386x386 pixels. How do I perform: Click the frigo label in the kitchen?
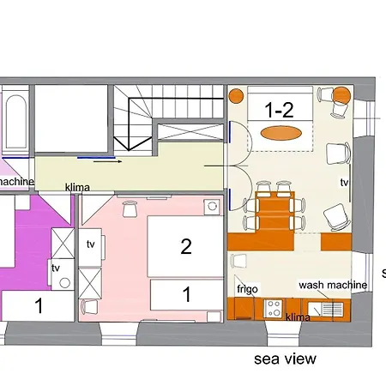pos(246,289)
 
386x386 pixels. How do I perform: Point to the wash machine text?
pos(333,285)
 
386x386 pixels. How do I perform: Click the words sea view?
pos(285,359)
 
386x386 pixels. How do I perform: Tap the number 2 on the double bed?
pos(185,247)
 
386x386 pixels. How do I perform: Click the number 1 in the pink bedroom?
pos(186,293)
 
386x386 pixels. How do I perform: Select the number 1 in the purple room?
pos(39,304)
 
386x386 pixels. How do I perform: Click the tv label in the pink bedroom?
pos(91,244)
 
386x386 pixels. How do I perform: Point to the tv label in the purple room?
pos(57,268)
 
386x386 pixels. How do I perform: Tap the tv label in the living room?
pos(344,183)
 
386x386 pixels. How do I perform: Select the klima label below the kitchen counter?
pos(298,317)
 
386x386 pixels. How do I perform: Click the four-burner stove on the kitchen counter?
pos(274,305)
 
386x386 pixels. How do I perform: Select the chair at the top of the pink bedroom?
pos(130,208)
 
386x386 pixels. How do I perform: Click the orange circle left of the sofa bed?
pos(238,94)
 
